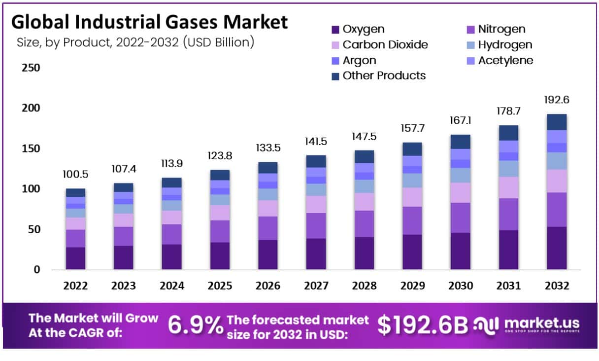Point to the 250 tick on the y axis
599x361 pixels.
point(31,68)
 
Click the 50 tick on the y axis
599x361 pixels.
point(34,229)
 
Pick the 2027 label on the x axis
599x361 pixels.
point(316,286)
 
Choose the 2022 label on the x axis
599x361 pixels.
point(75,286)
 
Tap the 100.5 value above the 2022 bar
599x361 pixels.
point(75,175)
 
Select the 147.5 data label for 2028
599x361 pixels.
point(364,136)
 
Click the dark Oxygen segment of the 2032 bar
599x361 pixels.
point(557,248)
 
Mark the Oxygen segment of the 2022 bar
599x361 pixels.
point(75,258)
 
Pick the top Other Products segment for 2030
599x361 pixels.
point(461,142)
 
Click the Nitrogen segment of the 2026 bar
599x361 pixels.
point(268,228)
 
